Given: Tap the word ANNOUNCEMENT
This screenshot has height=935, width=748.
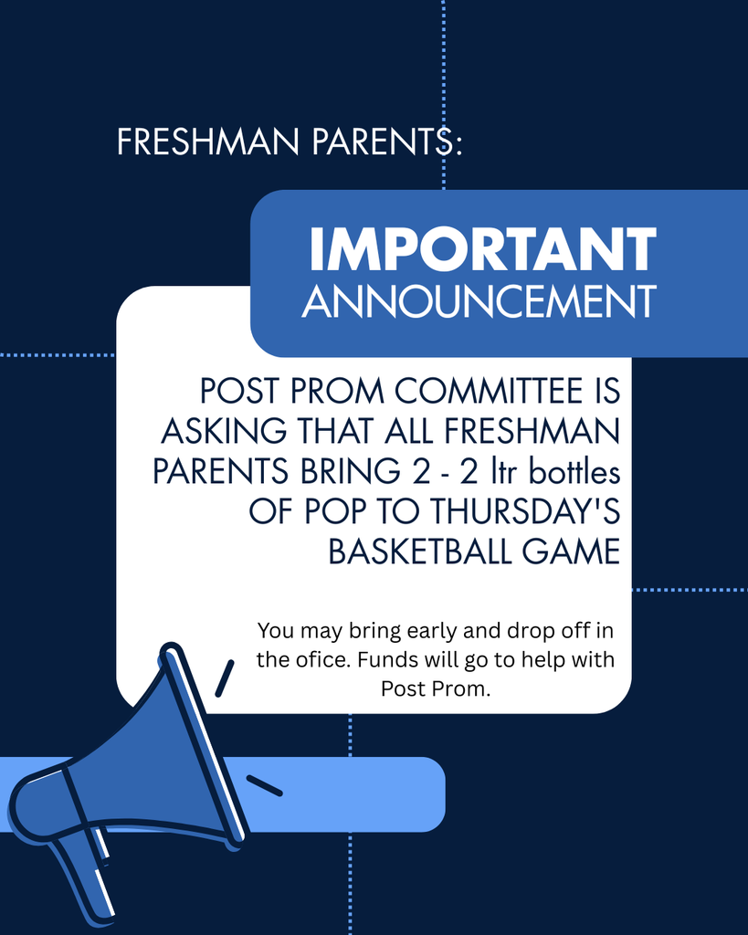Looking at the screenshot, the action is click(x=479, y=301).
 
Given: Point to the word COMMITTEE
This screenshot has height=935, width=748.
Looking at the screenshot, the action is click(x=489, y=391).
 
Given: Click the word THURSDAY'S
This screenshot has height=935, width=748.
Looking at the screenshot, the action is click(x=525, y=511).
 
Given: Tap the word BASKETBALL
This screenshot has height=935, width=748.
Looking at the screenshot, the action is click(x=420, y=552).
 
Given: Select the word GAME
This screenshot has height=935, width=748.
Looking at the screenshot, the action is click(x=572, y=552).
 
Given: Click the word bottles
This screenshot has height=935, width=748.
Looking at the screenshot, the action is click(x=575, y=471).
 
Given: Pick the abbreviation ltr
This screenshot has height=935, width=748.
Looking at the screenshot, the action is click(x=506, y=471).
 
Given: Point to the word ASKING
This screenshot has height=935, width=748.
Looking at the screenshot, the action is click(x=224, y=431).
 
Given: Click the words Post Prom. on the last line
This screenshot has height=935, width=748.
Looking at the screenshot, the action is click(x=436, y=688).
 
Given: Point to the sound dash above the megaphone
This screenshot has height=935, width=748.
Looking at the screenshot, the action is click(x=225, y=678).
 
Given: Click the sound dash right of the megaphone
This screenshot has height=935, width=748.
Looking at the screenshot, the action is click(x=264, y=785).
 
